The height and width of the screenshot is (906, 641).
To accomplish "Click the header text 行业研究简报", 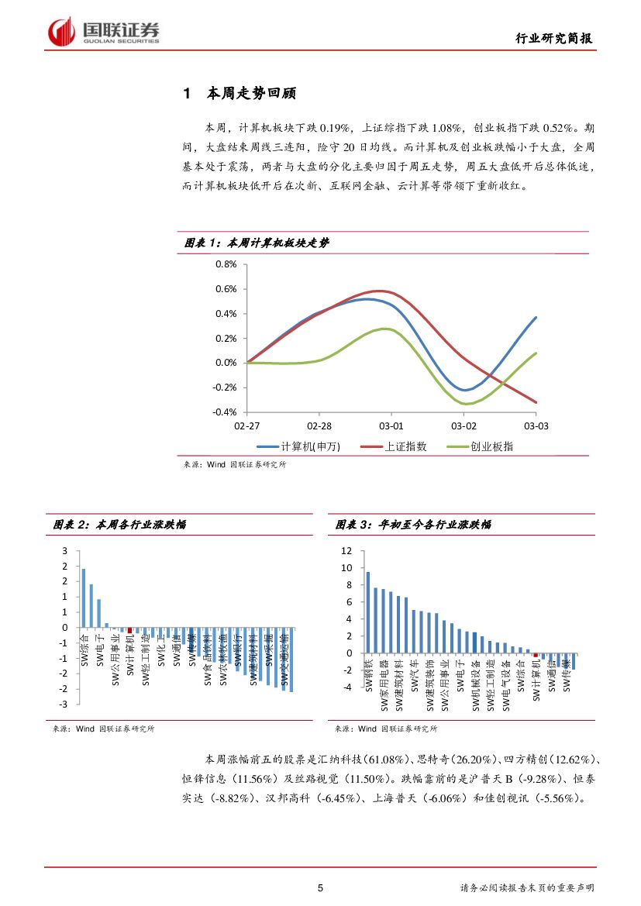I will coord(555,39).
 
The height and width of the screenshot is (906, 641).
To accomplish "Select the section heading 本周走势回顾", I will coord(251,95).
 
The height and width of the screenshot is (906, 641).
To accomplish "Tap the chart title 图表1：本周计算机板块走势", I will coord(257,243).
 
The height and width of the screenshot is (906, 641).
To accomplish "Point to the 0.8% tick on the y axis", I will coord(225,264).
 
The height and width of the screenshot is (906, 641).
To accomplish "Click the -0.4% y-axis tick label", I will coord(224,412).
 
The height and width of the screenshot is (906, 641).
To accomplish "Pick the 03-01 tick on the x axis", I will coord(391,425).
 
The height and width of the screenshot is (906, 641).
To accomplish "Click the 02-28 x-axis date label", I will coord(319,425).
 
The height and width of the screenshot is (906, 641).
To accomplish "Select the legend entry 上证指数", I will coord(405,446).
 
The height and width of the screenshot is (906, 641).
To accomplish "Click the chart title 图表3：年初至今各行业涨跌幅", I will coord(413,525).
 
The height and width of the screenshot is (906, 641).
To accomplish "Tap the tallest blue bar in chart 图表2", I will coord(83,598).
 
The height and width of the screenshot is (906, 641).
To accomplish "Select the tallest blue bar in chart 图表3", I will coord(367,612).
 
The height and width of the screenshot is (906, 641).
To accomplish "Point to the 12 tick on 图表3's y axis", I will coord(346,551).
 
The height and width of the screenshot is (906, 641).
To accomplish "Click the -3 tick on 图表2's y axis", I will coord(65,704).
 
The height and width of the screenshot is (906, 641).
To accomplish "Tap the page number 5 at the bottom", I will coord(320,888).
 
